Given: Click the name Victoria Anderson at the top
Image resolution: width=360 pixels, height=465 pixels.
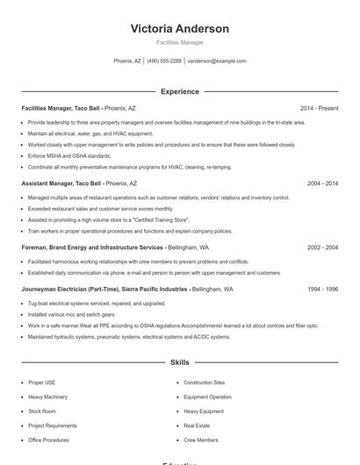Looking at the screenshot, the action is click(x=179, y=29).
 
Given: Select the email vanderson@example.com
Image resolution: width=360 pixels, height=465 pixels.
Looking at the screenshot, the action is click(x=217, y=61).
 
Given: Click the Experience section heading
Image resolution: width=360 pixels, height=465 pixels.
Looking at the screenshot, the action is click(x=179, y=91).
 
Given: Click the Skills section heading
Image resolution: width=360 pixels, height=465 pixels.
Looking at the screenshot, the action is click(x=179, y=361).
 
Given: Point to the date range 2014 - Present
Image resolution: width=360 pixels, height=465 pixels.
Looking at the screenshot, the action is click(x=319, y=108).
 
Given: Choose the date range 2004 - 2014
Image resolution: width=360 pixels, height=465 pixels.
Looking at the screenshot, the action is click(x=322, y=183).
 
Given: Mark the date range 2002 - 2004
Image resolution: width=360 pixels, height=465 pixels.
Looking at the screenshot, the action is click(x=322, y=247).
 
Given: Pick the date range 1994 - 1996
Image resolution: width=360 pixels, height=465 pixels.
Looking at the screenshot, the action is click(x=322, y=289).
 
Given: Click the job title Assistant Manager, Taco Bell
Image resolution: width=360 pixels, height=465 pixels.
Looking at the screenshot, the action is click(x=61, y=183).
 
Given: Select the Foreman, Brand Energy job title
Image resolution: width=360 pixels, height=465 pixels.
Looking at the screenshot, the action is click(x=92, y=247).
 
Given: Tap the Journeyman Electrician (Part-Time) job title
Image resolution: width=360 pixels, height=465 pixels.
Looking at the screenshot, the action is click(x=104, y=289).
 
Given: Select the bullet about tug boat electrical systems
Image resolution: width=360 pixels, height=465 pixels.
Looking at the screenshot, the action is click(x=84, y=303).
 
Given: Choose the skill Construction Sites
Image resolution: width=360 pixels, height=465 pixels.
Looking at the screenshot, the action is click(x=204, y=383).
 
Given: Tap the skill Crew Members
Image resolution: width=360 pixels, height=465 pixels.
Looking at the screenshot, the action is click(x=201, y=440).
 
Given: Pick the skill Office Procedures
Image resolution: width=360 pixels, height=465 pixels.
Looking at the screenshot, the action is click(x=48, y=440).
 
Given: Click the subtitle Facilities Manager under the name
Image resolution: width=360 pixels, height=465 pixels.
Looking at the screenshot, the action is click(x=179, y=42).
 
